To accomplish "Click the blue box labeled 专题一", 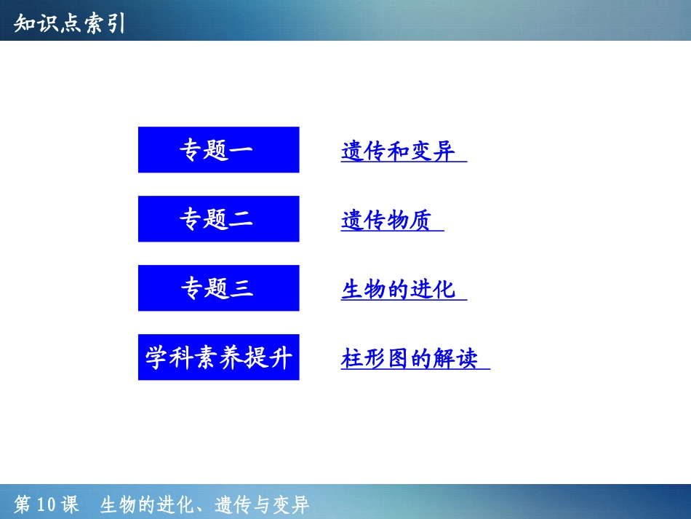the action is pos(219,149).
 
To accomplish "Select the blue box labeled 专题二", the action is pos(219,218).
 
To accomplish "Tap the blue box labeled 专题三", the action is pos(219,288).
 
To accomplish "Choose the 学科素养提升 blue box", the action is pos(219,357).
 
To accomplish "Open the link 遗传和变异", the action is pos(398,151).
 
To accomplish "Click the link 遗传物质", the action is pos(386,221).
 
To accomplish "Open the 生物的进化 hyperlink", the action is pos(398,290).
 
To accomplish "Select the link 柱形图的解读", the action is pos(410,358).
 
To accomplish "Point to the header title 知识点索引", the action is pos(69,23).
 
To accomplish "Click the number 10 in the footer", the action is pos(47,504).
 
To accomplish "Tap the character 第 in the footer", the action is pos(23,504).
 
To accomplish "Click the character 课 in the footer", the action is pos(70,504).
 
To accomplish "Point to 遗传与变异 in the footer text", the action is pos(262,504).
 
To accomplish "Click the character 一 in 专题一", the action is pos(241,150).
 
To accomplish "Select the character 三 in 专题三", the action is pos(241,288).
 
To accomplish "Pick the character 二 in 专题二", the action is pos(241,219).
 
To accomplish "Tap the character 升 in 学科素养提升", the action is pos(281,357).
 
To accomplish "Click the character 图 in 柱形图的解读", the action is pos(398,358).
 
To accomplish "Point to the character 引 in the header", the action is pos(116,23).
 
